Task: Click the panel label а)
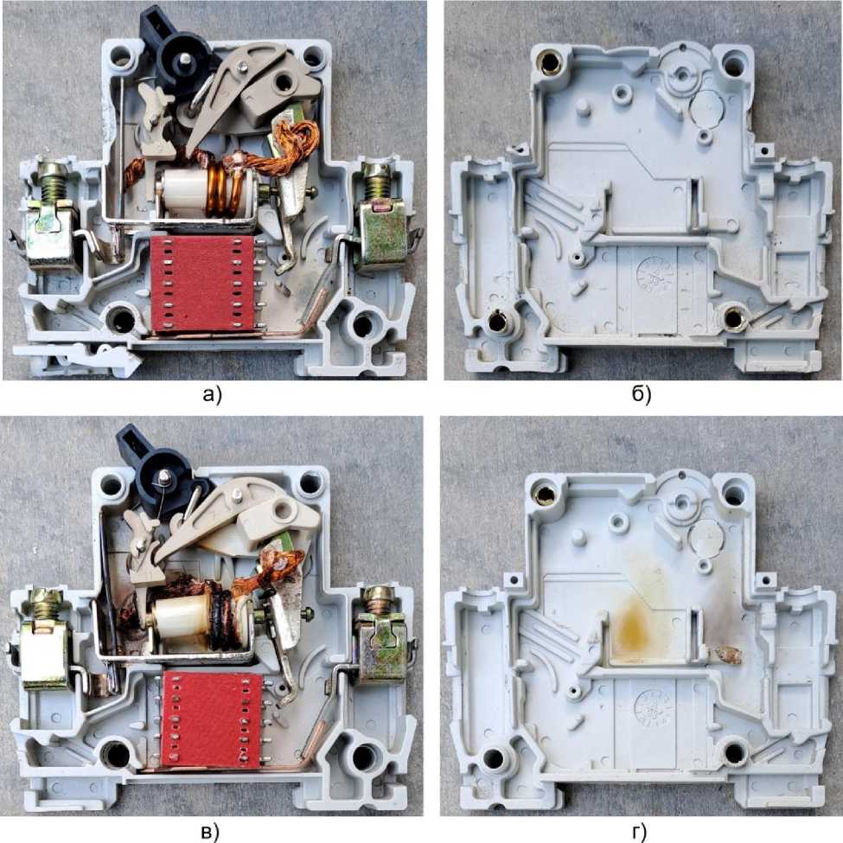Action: click(213, 395)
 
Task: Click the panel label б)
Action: click(642, 395)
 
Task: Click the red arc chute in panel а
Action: click(202, 283)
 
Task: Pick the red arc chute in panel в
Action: click(213, 718)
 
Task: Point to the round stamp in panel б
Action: click(655, 275)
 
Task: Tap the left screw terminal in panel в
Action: click(46, 639)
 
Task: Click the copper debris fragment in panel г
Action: click(727, 655)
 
